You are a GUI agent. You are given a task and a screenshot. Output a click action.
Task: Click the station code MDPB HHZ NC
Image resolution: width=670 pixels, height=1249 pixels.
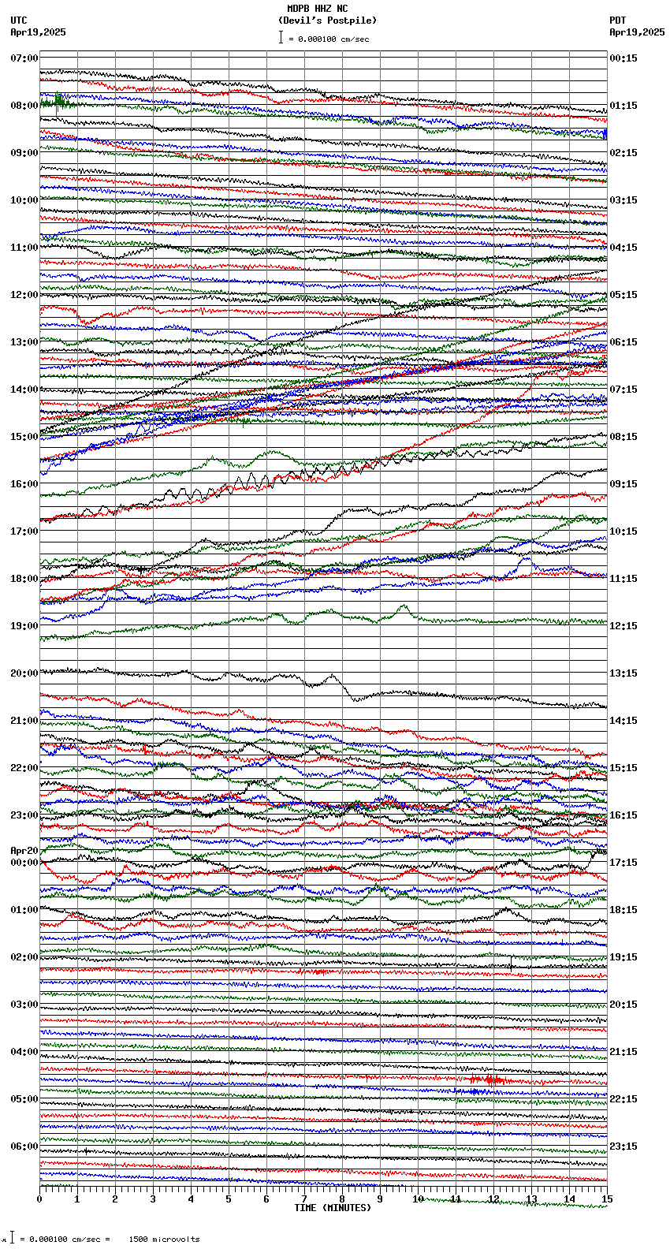(x=317, y=9)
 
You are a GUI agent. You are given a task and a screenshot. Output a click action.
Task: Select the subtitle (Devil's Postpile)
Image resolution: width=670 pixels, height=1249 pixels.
(x=327, y=21)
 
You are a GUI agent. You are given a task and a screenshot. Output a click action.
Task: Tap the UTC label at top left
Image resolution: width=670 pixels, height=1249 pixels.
(x=19, y=21)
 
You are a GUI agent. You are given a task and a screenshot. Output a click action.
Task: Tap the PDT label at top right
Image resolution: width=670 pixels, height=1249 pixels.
(x=617, y=21)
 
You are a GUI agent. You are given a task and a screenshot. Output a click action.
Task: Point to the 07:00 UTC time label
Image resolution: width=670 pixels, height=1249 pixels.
(x=24, y=58)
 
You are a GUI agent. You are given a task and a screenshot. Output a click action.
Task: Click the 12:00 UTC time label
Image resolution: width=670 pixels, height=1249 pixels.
(x=24, y=295)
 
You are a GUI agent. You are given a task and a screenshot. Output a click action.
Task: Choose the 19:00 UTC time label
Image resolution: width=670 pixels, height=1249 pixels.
(x=24, y=626)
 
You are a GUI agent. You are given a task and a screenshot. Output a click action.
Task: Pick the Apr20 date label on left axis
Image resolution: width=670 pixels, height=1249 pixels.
(x=24, y=851)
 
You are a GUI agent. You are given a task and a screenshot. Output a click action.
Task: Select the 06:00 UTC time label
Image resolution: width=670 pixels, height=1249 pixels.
(x=24, y=1146)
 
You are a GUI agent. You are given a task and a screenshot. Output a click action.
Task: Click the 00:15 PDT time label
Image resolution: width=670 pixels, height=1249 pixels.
(x=623, y=58)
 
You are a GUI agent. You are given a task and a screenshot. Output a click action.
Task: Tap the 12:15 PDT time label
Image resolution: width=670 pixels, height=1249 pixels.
(x=623, y=626)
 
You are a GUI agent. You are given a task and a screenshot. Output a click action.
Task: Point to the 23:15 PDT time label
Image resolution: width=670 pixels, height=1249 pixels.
(x=623, y=1146)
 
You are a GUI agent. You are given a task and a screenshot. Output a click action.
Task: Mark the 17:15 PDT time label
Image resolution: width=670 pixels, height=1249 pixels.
(x=623, y=863)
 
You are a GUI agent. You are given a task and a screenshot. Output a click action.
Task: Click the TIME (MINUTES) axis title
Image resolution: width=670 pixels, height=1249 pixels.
(x=332, y=1208)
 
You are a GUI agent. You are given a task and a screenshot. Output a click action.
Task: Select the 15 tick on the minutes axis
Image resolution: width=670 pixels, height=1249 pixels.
(x=606, y=1199)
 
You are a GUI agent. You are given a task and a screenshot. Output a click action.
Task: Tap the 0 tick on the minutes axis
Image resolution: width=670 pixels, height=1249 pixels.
(x=39, y=1199)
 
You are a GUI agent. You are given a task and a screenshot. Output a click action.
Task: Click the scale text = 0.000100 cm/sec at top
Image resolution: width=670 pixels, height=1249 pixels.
(x=328, y=39)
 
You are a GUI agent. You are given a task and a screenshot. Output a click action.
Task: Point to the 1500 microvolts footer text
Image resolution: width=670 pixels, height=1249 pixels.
(x=164, y=1239)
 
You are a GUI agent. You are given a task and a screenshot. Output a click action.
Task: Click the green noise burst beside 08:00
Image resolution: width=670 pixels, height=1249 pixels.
(x=58, y=102)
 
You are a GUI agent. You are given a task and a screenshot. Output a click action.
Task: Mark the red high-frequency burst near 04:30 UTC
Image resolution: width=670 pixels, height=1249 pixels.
(x=486, y=1079)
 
